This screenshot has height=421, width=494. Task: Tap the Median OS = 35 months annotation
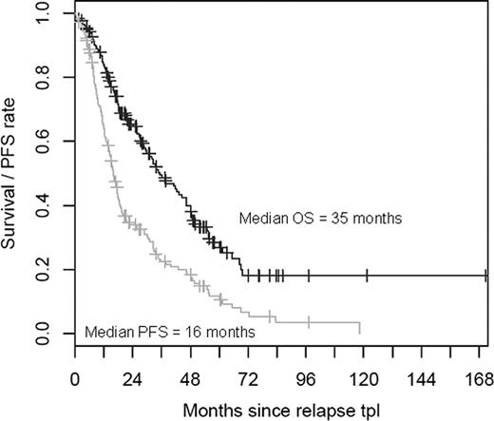pos(322,218)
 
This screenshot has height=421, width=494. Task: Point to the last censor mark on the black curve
pos(485,276)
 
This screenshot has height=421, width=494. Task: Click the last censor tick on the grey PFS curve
pos(309,321)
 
